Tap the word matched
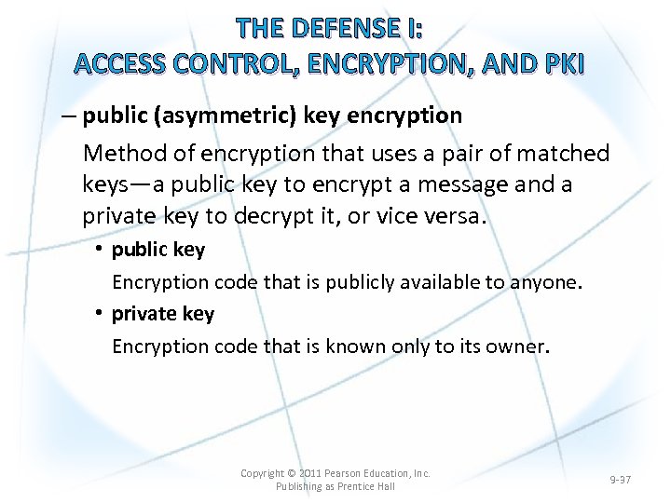pyautogui.click(x=567, y=153)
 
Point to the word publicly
pyautogui.click(x=361, y=281)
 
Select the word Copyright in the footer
pyautogui.click(x=263, y=473)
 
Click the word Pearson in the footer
pyautogui.click(x=349, y=473)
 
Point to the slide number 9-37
pyautogui.click(x=620, y=480)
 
